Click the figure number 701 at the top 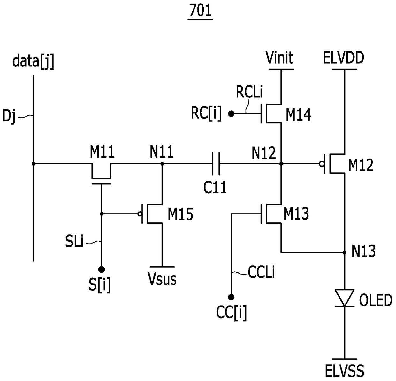coord(201,11)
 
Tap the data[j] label coord(34,61)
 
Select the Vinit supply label coord(279,58)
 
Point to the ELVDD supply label coord(344,58)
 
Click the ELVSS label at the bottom coord(344,371)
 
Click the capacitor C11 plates coord(216,164)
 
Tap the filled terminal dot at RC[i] coord(231,114)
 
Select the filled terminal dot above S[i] coord(101,270)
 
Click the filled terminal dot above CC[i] coord(231,298)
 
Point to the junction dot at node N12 coord(281,164)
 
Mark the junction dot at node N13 coord(345,253)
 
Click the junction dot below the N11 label coord(162,164)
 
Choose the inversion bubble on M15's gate coord(140,214)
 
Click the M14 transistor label coord(298,115)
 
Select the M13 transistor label coord(296,214)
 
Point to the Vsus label coord(162,279)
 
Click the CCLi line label coord(261,272)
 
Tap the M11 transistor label coord(102,152)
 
